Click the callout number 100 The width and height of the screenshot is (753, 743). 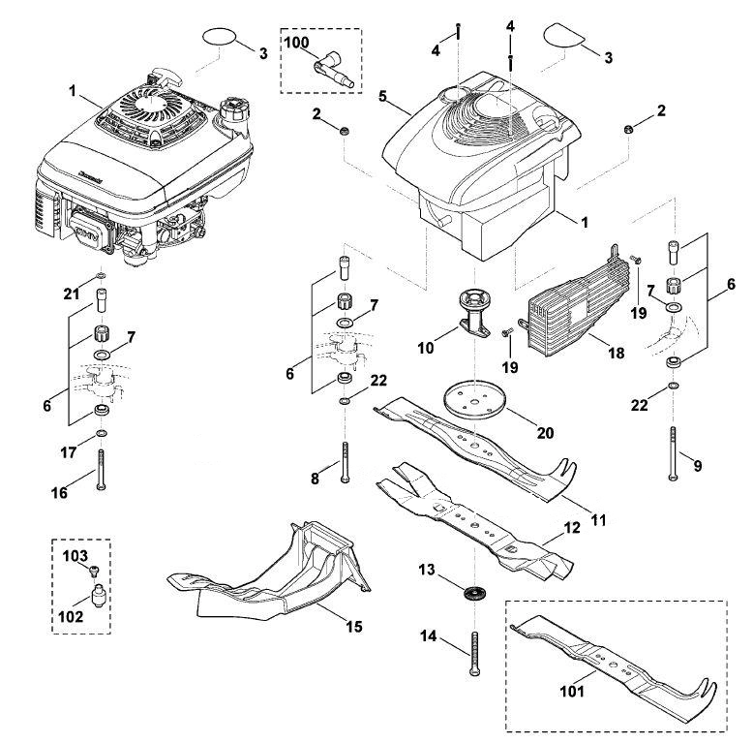[x=296, y=43]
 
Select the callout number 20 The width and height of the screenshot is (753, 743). [x=545, y=433]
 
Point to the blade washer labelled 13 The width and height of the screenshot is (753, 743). [x=474, y=593]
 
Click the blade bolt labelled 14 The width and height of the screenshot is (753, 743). [x=475, y=654]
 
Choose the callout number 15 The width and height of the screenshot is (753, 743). [x=354, y=627]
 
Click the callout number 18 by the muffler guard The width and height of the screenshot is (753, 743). [x=617, y=353]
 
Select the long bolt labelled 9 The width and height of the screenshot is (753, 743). [x=673, y=453]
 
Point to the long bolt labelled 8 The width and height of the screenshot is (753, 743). [x=346, y=462]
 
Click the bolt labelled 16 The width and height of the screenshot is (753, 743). [x=101, y=469]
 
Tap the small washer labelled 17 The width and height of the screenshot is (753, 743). [x=101, y=434]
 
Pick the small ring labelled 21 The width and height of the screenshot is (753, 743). [x=101, y=276]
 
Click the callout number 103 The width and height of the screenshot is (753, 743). [x=75, y=556]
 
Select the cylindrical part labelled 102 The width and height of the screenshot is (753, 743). [x=99, y=597]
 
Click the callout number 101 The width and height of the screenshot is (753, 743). [x=572, y=691]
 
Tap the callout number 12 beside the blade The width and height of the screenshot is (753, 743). [x=572, y=528]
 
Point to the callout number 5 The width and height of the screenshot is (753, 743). [x=382, y=96]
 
